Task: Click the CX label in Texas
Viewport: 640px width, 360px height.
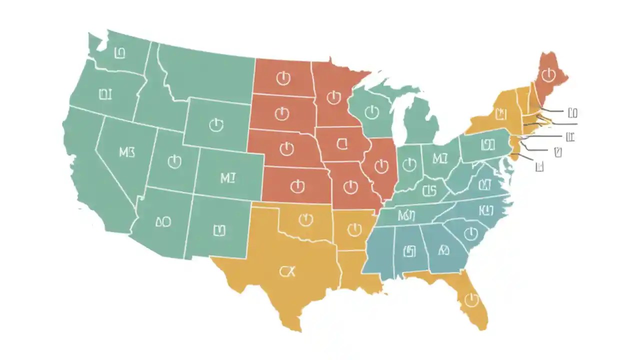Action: click(x=287, y=271)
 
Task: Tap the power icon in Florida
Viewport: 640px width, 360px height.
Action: click(x=471, y=299)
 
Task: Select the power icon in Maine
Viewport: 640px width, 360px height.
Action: click(x=549, y=75)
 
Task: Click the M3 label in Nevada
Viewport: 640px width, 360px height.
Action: click(x=127, y=152)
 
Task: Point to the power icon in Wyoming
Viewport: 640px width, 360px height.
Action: click(x=216, y=124)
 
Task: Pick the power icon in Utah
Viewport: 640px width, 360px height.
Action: click(x=174, y=161)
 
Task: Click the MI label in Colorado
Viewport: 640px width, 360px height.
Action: click(x=227, y=177)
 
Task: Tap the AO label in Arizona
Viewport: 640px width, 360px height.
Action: click(x=163, y=222)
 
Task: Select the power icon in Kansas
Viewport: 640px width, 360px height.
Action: click(x=297, y=186)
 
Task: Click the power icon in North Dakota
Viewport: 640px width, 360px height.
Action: click(x=283, y=78)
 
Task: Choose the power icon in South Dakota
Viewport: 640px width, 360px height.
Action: click(x=282, y=113)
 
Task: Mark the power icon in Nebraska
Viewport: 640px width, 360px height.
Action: click(x=286, y=148)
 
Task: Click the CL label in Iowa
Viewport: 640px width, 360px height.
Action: click(x=342, y=144)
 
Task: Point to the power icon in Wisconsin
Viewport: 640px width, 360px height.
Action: click(x=371, y=112)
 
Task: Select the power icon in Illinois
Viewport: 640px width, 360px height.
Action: click(x=381, y=165)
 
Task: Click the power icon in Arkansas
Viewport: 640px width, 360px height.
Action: click(x=354, y=229)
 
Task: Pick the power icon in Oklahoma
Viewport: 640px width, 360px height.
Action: click(x=305, y=219)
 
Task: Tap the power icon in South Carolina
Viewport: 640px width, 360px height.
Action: click(x=470, y=233)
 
